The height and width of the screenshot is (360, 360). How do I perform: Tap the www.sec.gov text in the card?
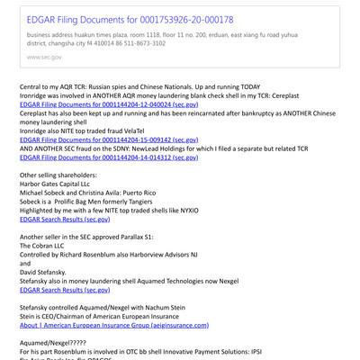(44, 57)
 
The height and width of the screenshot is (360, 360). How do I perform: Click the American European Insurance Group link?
(113, 325)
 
